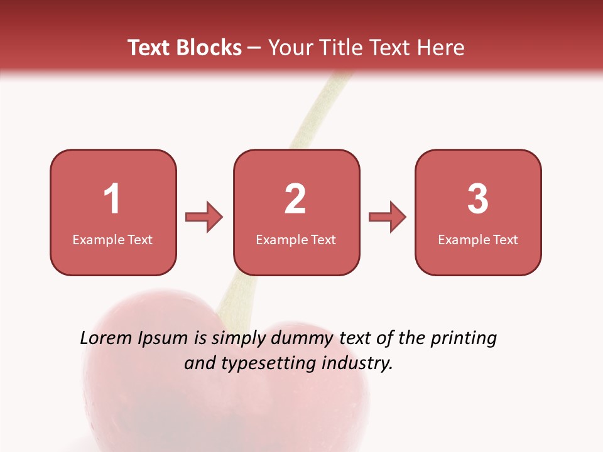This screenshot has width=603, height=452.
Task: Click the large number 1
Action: click(112, 199)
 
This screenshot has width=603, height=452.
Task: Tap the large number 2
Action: click(295, 199)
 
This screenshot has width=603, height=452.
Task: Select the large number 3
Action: click(478, 199)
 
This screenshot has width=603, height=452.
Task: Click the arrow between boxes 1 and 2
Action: click(204, 217)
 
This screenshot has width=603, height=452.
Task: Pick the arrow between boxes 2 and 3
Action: click(388, 217)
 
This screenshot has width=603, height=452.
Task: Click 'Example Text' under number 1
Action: click(112, 240)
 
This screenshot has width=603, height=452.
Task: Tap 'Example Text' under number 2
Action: click(296, 240)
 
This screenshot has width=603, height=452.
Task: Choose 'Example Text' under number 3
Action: click(478, 240)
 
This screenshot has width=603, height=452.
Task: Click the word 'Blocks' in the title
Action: click(209, 48)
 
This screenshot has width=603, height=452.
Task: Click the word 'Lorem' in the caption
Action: click(106, 338)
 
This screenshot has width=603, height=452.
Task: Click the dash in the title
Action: click(255, 48)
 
